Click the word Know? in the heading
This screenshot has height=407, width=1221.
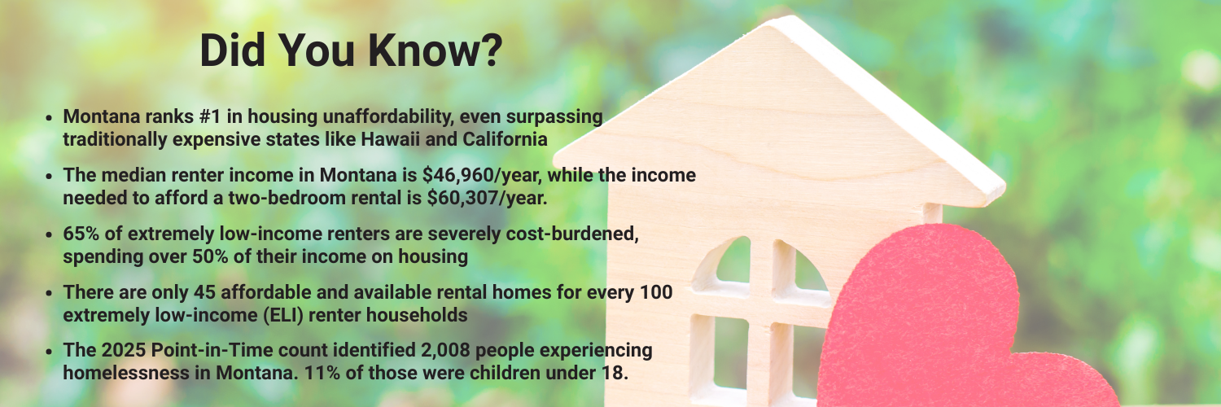pos(435,50)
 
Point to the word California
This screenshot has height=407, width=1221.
pos(505,139)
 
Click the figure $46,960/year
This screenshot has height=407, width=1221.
pos(482,176)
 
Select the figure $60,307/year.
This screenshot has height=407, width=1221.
pos(487,199)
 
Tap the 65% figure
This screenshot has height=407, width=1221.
pos(81,234)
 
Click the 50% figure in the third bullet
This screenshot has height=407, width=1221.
pos(210,256)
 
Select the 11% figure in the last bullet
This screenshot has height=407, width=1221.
pos(321,374)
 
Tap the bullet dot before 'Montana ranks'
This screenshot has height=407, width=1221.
pos(49,118)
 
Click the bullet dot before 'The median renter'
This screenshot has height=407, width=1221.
pos(49,176)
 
